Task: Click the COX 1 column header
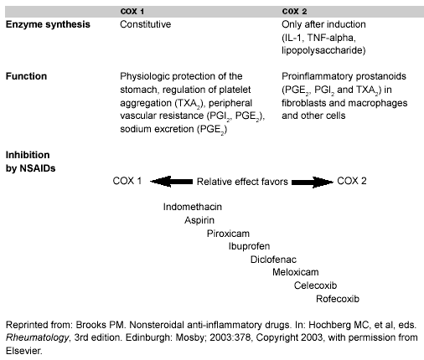coord(132,12)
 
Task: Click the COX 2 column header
coord(294,12)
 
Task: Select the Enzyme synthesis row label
coord(48,24)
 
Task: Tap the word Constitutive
coord(145,24)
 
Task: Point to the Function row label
coord(26,76)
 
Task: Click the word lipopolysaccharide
coord(323,50)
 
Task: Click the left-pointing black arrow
coord(171,182)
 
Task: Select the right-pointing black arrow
coord(313,182)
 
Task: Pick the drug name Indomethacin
coord(193,207)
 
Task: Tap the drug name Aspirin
coord(199,220)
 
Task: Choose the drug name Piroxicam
coord(228,234)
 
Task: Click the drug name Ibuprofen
coord(249,246)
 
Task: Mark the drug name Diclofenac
coord(273,260)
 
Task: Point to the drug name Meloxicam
coord(296,272)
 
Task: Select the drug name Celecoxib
coord(315,285)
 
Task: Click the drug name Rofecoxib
coord(338,299)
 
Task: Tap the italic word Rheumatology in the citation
coord(37,338)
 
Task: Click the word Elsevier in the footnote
coord(23,351)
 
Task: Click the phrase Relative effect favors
coord(242,182)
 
